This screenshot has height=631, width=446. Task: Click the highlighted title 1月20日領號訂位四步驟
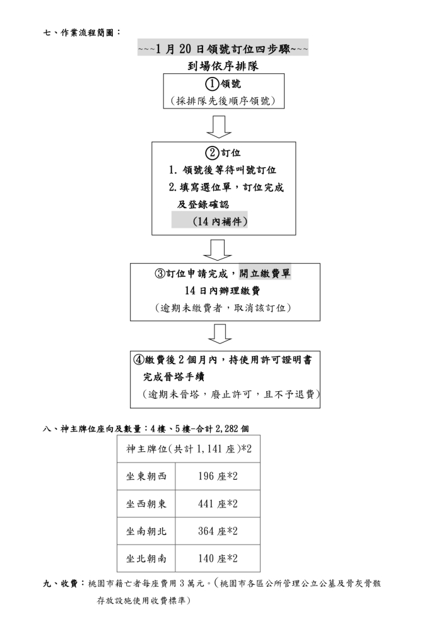[x=223, y=49]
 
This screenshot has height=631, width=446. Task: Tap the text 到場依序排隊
[x=223, y=66]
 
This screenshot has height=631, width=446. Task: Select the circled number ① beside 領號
[x=212, y=84]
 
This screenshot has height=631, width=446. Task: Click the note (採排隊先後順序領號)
[x=223, y=100]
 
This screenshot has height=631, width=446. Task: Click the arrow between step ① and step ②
[x=219, y=127]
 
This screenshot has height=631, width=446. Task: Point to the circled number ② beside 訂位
[x=212, y=153]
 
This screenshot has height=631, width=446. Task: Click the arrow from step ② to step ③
[x=218, y=250]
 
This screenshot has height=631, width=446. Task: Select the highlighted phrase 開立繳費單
[x=264, y=274]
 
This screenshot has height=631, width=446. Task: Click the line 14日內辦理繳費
[x=223, y=290]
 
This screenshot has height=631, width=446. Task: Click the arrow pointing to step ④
[x=220, y=334]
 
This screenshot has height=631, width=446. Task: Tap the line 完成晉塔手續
[x=173, y=377]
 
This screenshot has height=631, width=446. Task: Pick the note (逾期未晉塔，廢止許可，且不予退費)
[x=231, y=394]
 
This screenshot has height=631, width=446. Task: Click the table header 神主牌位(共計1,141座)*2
[x=189, y=449]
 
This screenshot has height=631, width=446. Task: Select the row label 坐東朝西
[x=146, y=476]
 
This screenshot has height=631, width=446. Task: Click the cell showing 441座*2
[x=218, y=504]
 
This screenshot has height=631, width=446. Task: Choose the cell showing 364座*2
[x=218, y=531]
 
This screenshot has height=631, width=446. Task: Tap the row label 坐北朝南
[x=146, y=558]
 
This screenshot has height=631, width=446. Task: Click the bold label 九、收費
[x=61, y=584]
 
